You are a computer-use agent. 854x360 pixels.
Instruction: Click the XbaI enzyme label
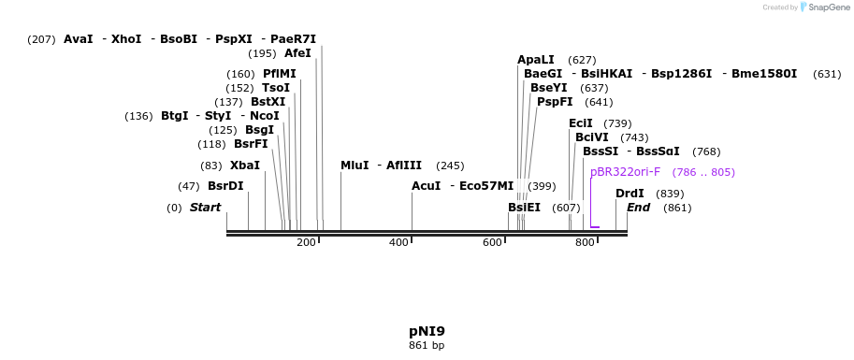(x=245, y=166)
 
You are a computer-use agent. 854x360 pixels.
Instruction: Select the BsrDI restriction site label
(x=225, y=186)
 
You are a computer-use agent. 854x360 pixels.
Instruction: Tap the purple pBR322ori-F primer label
(x=625, y=172)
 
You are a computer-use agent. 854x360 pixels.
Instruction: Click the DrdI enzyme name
(x=630, y=194)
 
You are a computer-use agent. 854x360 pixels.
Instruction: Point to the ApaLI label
(x=535, y=60)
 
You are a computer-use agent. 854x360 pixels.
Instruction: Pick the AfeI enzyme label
(x=297, y=53)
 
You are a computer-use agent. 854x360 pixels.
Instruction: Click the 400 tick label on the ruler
(x=399, y=242)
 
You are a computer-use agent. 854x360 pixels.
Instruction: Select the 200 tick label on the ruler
(x=307, y=242)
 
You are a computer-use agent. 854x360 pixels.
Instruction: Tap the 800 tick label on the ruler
(x=585, y=242)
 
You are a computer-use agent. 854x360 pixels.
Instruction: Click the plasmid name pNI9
(x=427, y=331)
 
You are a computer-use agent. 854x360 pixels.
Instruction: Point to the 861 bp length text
(x=427, y=345)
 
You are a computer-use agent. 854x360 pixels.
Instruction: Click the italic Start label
(x=206, y=208)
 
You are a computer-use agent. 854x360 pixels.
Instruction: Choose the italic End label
(x=638, y=208)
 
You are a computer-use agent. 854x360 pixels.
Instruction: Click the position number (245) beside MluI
(x=450, y=166)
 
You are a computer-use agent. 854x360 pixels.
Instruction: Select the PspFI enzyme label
(x=555, y=102)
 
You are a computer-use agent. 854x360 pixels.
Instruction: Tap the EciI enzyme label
(x=581, y=123)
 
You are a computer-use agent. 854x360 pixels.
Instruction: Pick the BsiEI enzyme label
(x=525, y=208)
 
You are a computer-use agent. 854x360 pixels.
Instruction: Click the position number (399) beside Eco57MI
(x=542, y=187)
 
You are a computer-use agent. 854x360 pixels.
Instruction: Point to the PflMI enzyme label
(x=280, y=74)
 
